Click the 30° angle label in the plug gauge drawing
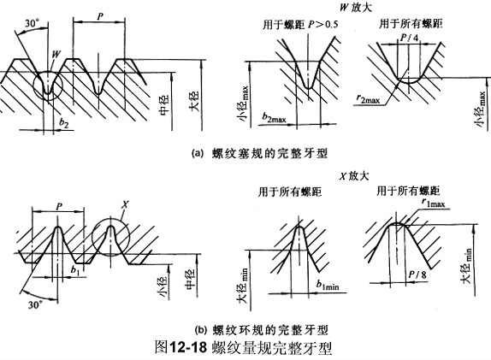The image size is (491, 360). (x=33, y=23)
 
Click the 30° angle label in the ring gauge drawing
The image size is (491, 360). (x=35, y=304)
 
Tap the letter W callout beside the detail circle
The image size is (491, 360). (x=56, y=54)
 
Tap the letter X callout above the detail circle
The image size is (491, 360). (x=125, y=204)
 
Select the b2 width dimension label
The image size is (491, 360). (x=64, y=123)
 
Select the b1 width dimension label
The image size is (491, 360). (x=75, y=269)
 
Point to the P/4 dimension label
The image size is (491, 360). (x=409, y=38)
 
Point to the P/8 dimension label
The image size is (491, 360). (x=417, y=274)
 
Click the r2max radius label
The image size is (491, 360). (x=368, y=98)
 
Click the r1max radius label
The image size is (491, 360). (x=434, y=203)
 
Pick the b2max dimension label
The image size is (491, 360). (x=275, y=117)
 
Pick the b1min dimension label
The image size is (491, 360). (x=328, y=285)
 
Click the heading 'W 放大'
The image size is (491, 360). (x=356, y=7)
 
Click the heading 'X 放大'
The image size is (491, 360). (x=354, y=175)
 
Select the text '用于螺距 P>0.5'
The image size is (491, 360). (x=300, y=25)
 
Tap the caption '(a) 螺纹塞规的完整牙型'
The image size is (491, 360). (x=259, y=153)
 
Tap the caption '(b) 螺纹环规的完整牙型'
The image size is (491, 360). (x=261, y=329)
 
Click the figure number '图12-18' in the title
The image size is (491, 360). (x=181, y=347)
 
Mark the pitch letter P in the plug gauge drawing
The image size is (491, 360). (x=100, y=16)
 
